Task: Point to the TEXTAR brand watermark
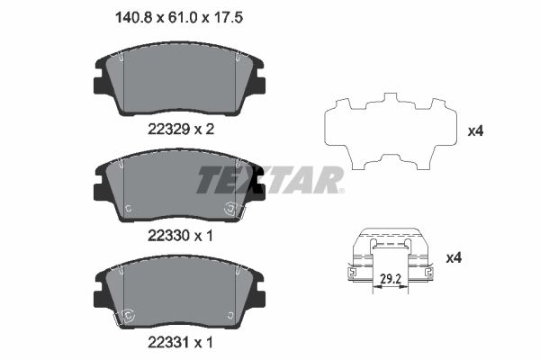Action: tap(270, 179)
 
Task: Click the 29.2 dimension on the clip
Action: tap(390, 280)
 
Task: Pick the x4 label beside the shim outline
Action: tap(477, 131)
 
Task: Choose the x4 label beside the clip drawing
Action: tap(455, 258)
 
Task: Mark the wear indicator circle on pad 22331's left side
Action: tap(128, 315)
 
